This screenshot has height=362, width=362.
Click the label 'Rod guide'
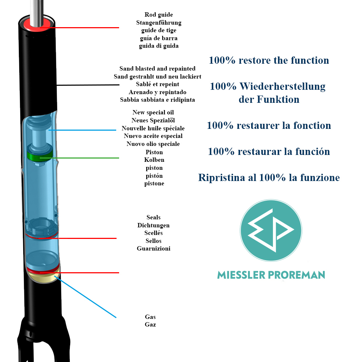[x=159, y=15]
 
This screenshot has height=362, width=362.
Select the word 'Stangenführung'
[x=159, y=23]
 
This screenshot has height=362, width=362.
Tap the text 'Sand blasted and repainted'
[x=157, y=69]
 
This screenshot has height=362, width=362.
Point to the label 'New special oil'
[x=153, y=113]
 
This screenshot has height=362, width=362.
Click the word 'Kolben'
[x=154, y=160]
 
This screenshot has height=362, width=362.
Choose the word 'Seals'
[x=153, y=218]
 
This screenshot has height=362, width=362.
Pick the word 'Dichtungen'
[x=153, y=226]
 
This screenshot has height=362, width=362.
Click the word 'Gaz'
[x=150, y=325]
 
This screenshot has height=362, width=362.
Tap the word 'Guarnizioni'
[x=153, y=249]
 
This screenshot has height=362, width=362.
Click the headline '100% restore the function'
[x=269, y=60]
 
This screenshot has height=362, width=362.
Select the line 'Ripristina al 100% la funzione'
[x=269, y=178]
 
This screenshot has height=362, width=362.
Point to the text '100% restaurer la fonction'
[x=269, y=126]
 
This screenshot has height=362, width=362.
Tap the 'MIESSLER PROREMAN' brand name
[x=271, y=275]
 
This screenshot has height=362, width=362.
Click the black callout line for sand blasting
[x=90, y=85]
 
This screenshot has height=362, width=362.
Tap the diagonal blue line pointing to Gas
[x=87, y=297]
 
